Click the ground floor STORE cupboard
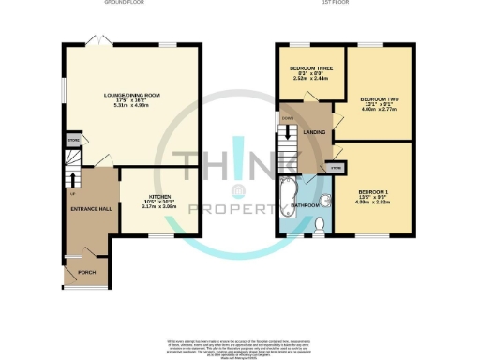pos(72,140)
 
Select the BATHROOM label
pos(309,204)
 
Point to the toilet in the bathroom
pos(319,223)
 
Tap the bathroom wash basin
pos(329,198)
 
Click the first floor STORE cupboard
pos(335,167)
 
